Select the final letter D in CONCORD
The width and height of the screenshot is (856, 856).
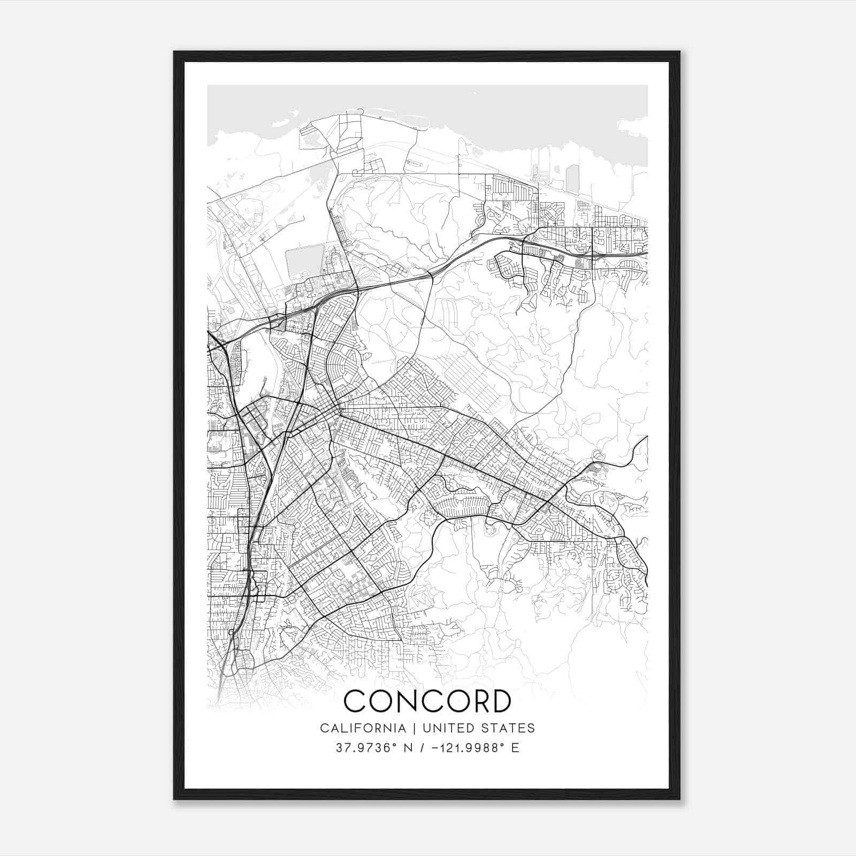[x=498, y=701]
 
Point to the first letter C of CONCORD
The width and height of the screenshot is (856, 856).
[x=355, y=701]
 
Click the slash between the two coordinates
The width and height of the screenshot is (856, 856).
[x=422, y=748]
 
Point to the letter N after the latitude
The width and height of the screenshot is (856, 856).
[x=408, y=748]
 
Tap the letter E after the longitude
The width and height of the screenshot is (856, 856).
[x=515, y=748]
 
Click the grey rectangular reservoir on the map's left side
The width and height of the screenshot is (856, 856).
[x=305, y=261]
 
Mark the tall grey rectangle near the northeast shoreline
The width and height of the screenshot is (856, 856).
[x=572, y=179]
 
